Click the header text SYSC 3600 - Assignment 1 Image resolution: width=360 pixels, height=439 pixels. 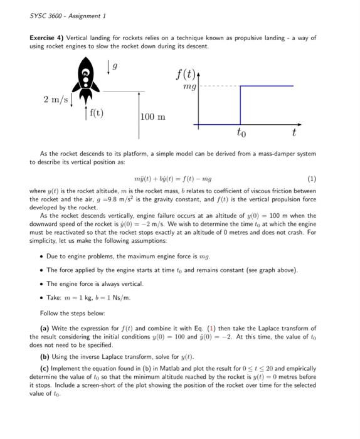(x=68, y=15)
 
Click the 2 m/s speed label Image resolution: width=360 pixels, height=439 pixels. (x=56, y=100)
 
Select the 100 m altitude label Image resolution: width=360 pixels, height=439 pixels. (x=153, y=117)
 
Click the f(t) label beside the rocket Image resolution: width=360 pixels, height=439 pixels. (x=97, y=113)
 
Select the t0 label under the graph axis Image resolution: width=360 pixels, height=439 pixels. (x=241, y=133)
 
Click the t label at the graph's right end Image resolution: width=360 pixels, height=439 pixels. (x=294, y=133)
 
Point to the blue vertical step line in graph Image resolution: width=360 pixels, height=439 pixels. (x=240, y=105)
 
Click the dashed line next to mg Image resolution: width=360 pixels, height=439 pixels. (x=220, y=86)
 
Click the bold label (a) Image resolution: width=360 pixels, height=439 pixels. (x=45, y=328)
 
